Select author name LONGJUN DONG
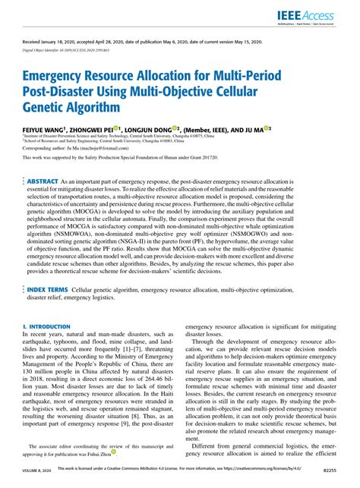click(148, 131)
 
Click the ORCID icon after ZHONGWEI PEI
click(117, 130)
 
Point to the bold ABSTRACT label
click(47, 184)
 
